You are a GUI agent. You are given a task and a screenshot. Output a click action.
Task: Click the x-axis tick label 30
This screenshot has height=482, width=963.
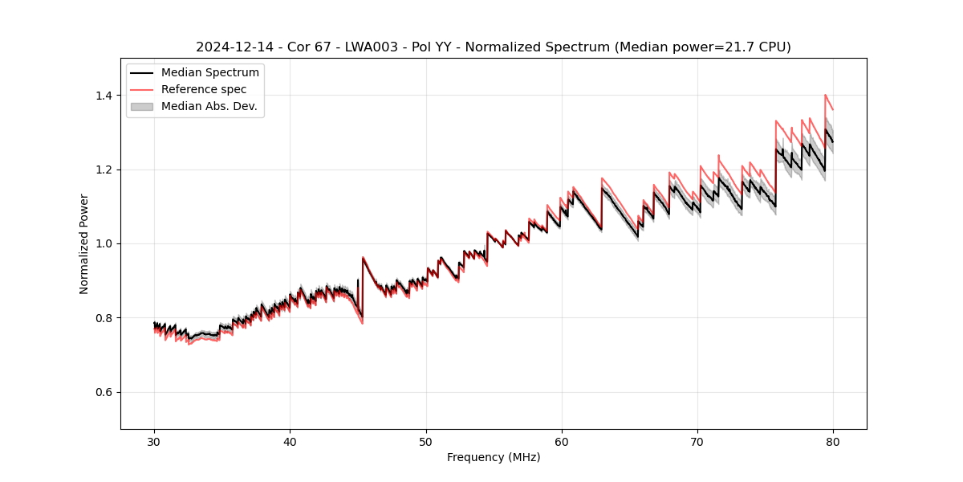154,441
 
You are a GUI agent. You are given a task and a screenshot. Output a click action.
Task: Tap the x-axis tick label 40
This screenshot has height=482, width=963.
290,441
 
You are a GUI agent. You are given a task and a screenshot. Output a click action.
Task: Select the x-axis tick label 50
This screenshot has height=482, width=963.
426,441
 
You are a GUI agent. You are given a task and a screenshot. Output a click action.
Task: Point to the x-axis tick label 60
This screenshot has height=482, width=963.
562,441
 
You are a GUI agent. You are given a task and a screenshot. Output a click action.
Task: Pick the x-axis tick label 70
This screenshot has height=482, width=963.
697,441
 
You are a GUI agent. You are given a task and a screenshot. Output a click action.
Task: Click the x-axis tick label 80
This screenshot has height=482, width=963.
833,441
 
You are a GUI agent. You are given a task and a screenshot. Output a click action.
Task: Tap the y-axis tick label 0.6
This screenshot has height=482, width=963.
104,392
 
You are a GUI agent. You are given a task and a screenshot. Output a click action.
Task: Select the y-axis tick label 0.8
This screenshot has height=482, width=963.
104,318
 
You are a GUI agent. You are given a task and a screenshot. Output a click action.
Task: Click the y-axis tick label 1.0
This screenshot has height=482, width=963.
104,243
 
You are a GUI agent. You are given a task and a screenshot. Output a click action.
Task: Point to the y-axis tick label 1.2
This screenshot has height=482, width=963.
104,170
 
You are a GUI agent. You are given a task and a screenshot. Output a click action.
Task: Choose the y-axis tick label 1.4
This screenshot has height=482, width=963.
104,96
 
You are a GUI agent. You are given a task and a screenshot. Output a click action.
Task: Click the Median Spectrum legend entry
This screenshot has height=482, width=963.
209,73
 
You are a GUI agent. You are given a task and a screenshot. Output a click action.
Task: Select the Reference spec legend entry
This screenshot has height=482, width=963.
204,89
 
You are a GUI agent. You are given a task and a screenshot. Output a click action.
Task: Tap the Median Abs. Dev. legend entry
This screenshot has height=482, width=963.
209,106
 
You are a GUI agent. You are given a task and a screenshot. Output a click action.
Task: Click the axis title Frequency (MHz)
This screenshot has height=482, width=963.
494,457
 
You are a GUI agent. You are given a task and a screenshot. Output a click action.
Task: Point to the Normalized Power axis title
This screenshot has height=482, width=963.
84,243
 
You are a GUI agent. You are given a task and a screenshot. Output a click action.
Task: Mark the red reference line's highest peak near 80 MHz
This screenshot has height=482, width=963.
825,95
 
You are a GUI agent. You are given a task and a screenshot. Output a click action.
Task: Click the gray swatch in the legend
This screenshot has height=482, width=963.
142,106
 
